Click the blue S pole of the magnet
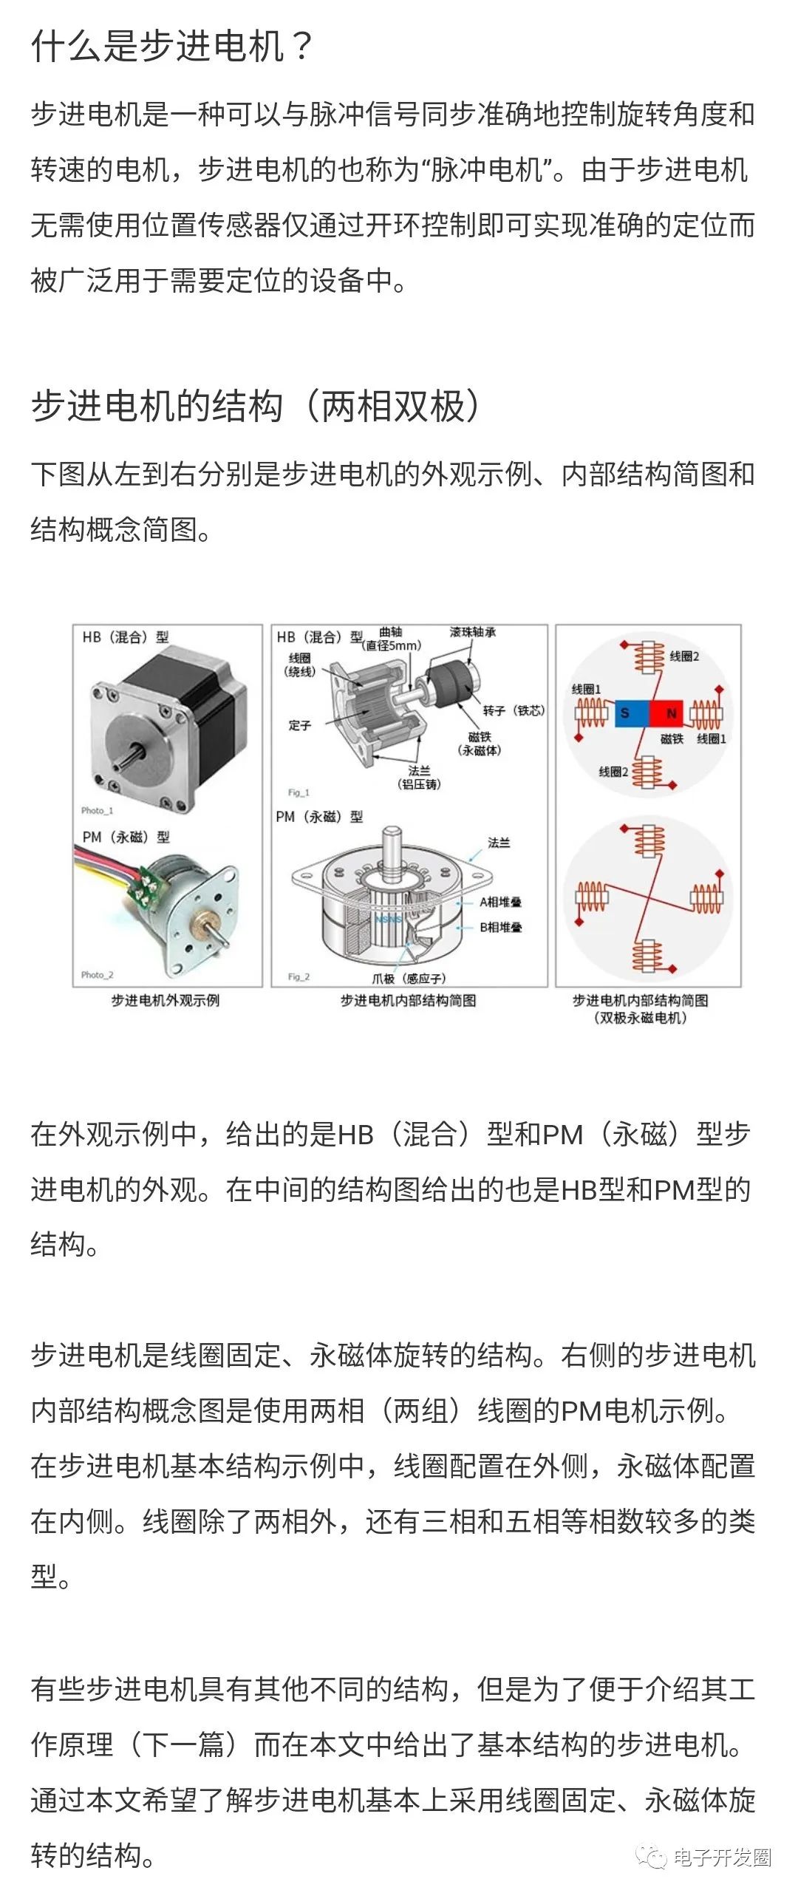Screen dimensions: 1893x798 coord(626,713)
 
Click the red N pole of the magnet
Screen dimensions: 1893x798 coord(670,713)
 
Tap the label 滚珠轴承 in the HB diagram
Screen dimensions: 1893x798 coord(473,632)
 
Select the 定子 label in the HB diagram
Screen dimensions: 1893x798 coord(300,725)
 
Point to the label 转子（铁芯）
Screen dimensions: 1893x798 coord(514,710)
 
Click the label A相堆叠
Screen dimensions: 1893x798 coord(500,902)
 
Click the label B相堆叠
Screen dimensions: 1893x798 coord(500,927)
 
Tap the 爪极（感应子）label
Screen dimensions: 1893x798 coord(409,979)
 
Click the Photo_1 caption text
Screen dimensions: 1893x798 coord(97,811)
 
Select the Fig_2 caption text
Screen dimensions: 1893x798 coord(299,977)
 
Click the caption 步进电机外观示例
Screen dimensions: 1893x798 coord(166,1001)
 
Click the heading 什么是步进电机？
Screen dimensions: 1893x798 coord(172,46)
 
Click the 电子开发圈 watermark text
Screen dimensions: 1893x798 coord(722,1857)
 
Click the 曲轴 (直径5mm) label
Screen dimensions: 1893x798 coord(392,639)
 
